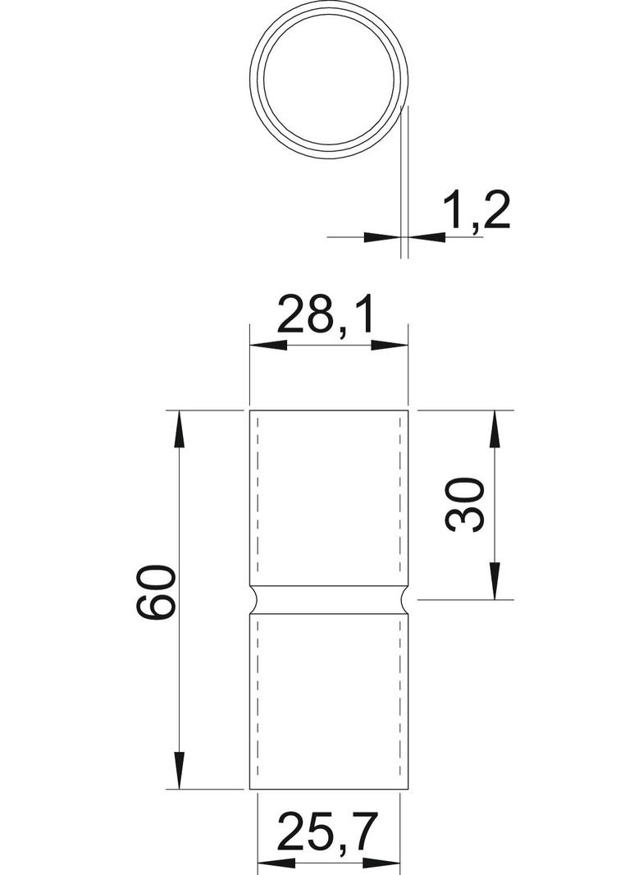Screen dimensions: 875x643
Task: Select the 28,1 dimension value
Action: (325, 315)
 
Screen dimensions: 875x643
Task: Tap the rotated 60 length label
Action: (156, 593)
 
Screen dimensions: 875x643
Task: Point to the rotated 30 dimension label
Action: (465, 504)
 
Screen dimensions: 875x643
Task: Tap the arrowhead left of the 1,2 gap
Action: (381, 236)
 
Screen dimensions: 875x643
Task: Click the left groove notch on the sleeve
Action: (254, 600)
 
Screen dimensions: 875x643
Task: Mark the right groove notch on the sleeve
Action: (404, 600)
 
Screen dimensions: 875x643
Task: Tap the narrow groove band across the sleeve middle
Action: (329, 600)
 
